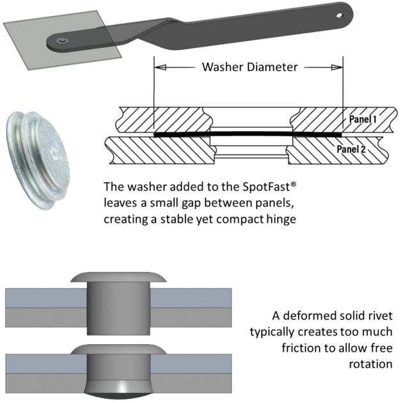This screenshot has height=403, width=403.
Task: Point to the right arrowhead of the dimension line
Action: pos(337,67)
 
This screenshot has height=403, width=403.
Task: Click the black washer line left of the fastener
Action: pos(182,135)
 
